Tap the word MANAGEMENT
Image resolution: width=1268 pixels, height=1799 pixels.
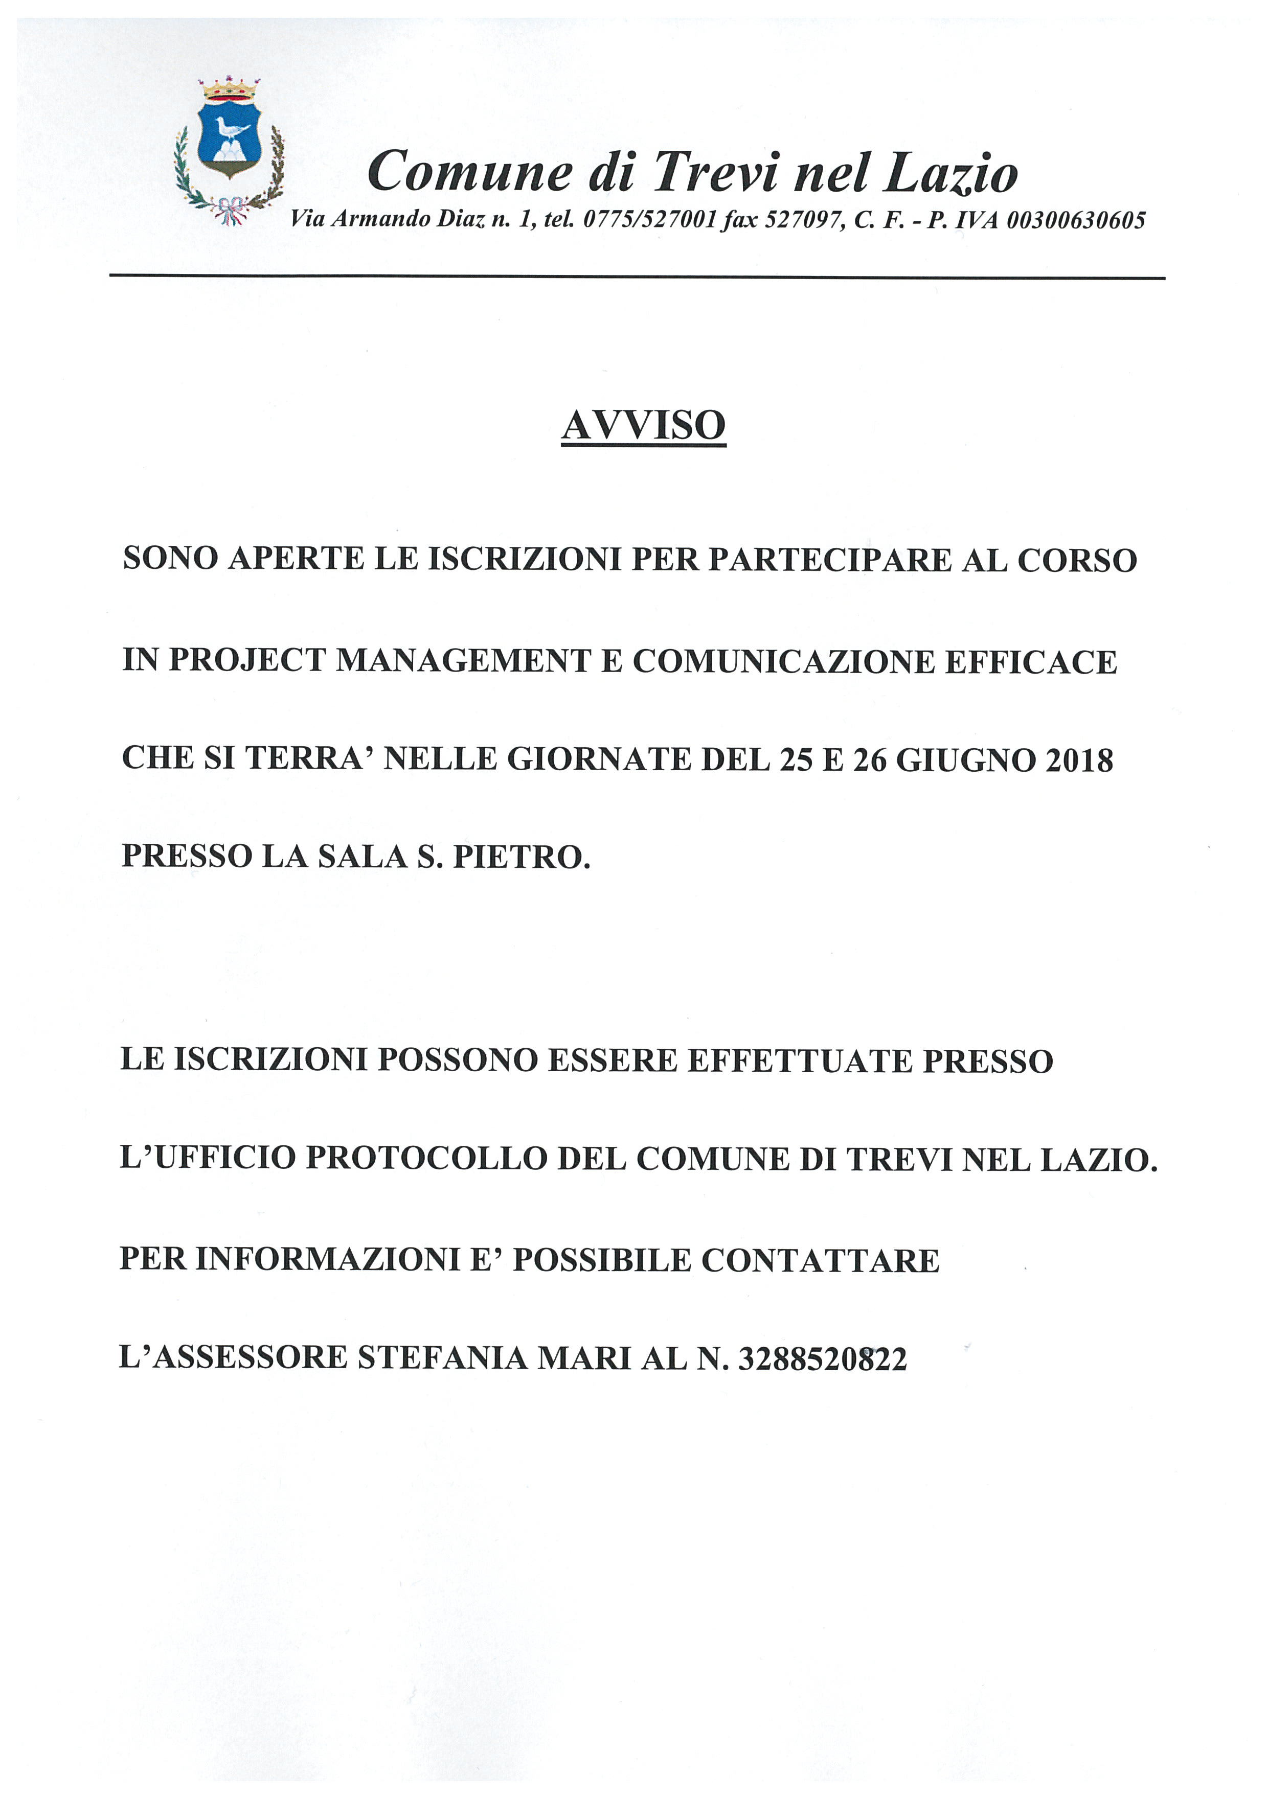click(463, 660)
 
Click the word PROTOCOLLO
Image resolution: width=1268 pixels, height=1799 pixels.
click(425, 1158)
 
